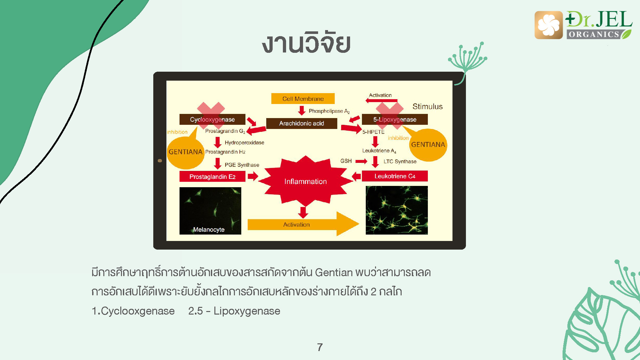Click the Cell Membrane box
click(303, 99)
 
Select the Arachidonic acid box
click(301, 123)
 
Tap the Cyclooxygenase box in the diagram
click(212, 119)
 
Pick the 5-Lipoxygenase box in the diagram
click(395, 119)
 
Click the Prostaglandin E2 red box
click(212, 177)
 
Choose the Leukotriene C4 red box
click(395, 176)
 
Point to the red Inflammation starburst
click(306, 181)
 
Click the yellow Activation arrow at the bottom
click(303, 224)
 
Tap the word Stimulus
click(428, 107)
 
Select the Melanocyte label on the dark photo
click(209, 229)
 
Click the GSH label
click(346, 161)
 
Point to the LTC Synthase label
click(400, 162)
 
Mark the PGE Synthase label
click(242, 165)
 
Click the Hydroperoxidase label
click(244, 142)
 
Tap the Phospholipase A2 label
click(329, 111)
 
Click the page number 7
click(320, 347)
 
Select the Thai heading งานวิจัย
click(306, 42)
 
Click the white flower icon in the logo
click(548, 25)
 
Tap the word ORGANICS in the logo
click(594, 34)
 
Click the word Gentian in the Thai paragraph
click(334, 272)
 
